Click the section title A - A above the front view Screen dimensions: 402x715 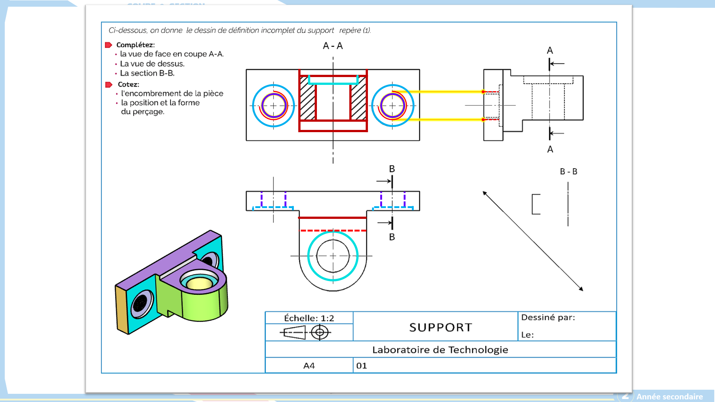(x=333, y=46)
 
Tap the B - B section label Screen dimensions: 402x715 (x=568, y=172)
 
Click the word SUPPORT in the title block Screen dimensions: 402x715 (x=441, y=328)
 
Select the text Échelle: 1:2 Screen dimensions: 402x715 (x=309, y=318)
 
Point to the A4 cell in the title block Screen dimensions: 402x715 (x=309, y=366)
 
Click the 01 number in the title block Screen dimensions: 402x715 (x=361, y=366)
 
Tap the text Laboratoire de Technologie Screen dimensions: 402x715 (x=440, y=350)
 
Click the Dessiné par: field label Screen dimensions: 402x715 (x=548, y=318)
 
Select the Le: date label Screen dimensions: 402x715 (x=527, y=335)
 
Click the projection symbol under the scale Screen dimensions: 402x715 (x=305, y=332)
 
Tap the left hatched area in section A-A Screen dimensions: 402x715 (x=308, y=98)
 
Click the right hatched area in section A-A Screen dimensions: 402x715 (x=358, y=98)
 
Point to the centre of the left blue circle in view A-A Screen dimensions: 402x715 (x=273, y=106)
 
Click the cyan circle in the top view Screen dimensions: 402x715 (x=333, y=232)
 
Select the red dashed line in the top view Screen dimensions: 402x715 (x=333, y=231)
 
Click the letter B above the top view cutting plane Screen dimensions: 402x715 (x=392, y=169)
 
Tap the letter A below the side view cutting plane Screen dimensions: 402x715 (x=550, y=150)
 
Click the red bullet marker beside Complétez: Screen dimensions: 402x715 (x=108, y=45)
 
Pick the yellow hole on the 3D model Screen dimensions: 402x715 (x=199, y=284)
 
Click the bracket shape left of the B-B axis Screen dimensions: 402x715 (x=536, y=204)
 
